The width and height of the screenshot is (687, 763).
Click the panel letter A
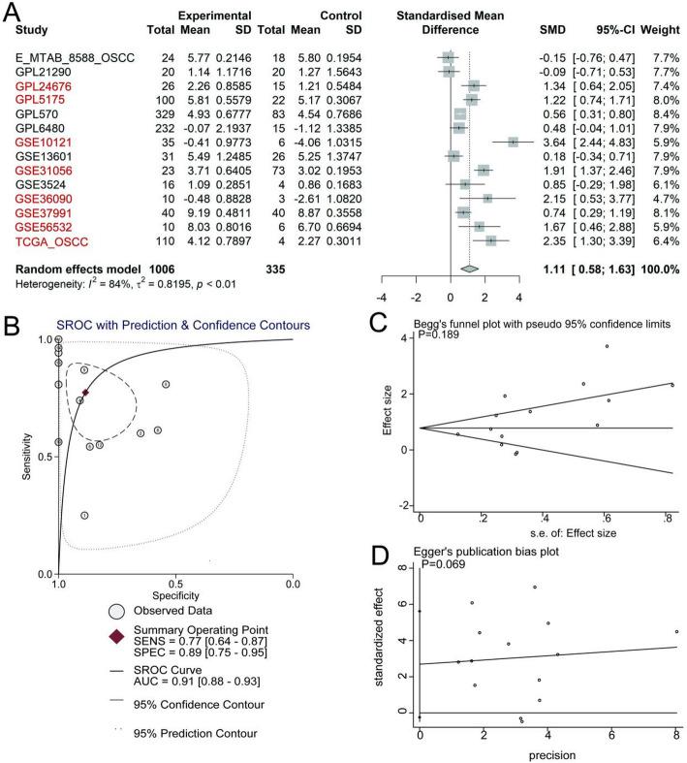(x=11, y=11)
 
